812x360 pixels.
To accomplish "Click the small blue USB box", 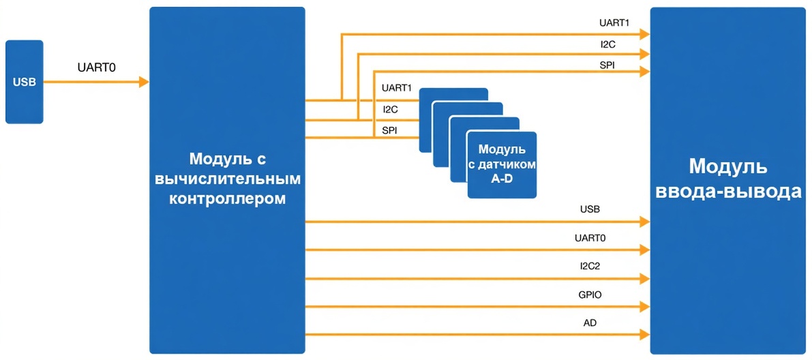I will [24, 82].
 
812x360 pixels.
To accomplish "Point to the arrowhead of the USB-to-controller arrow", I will [144, 82].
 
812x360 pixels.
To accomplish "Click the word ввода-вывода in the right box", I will [727, 192].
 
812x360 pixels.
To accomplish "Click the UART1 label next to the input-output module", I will [614, 22].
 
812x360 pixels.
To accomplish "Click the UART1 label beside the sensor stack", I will [397, 89].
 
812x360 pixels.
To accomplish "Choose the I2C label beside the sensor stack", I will [391, 109].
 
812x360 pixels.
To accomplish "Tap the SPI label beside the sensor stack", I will [390, 130].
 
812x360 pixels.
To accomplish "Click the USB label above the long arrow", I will [590, 209].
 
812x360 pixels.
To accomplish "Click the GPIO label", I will [590, 295].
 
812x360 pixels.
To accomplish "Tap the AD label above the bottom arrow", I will [590, 322].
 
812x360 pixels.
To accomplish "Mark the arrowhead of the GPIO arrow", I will [645, 306].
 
